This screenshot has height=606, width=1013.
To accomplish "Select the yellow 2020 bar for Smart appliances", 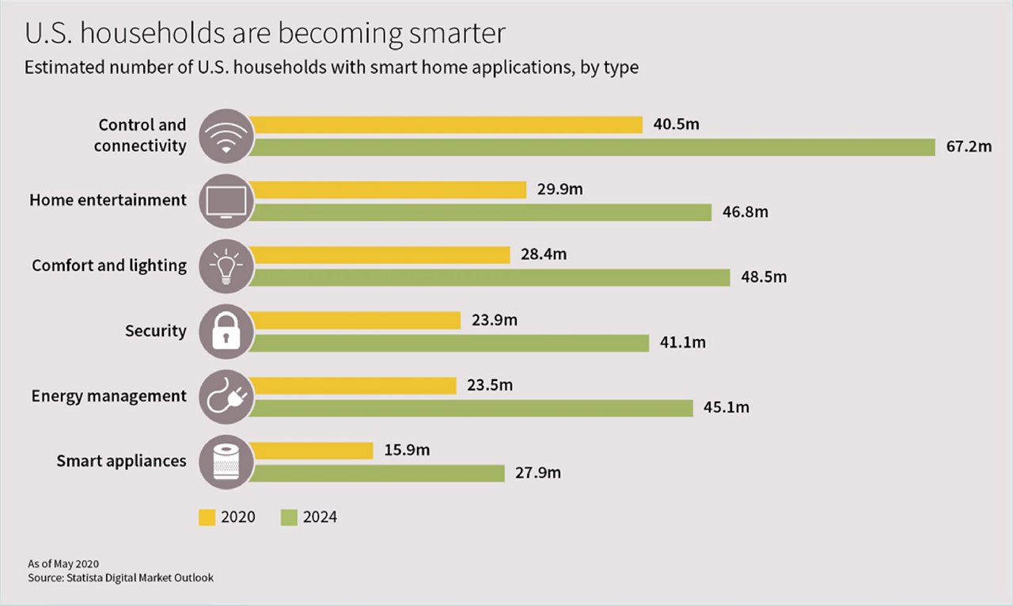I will click(313, 451).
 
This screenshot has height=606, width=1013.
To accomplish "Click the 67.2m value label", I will click(968, 147).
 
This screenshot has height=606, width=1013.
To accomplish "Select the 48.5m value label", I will click(764, 277).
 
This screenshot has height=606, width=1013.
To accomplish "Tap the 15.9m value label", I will click(407, 451).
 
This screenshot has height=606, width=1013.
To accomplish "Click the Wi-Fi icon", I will click(226, 135).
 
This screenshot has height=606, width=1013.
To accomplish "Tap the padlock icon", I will click(226, 331).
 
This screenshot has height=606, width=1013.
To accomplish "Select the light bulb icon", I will click(226, 266).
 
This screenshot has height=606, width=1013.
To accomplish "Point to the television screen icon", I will click(226, 201).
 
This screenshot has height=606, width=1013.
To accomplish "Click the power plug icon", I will click(226, 396).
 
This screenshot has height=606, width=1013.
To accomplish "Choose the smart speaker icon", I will click(226, 461).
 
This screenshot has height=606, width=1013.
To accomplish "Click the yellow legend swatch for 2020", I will click(207, 517).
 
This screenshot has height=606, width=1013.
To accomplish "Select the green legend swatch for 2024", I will click(289, 517).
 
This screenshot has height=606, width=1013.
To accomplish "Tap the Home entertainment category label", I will click(108, 200).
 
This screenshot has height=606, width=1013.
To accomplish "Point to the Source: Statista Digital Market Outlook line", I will click(120, 577).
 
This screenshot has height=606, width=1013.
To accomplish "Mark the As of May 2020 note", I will click(63, 564).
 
